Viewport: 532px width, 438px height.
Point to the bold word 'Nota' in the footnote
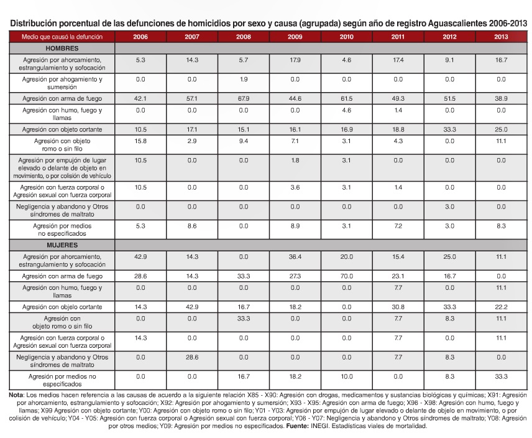(16, 396)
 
